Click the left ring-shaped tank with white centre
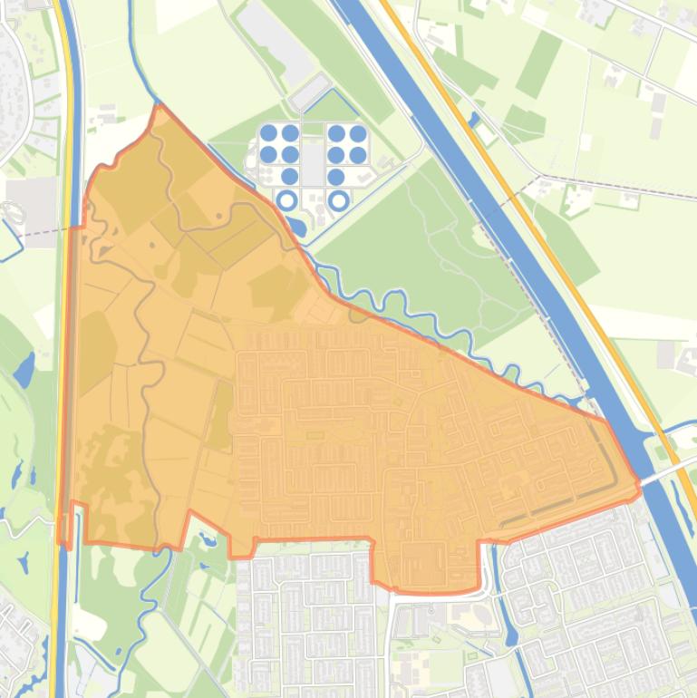[287, 199]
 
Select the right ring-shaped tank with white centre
[338, 199]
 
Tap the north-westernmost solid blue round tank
[268, 133]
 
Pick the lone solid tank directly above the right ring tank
[336, 177]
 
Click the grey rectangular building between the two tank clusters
[313, 164]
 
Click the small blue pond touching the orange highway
[474, 118]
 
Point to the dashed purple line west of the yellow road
[36, 232]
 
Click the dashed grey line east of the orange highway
[616, 186]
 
